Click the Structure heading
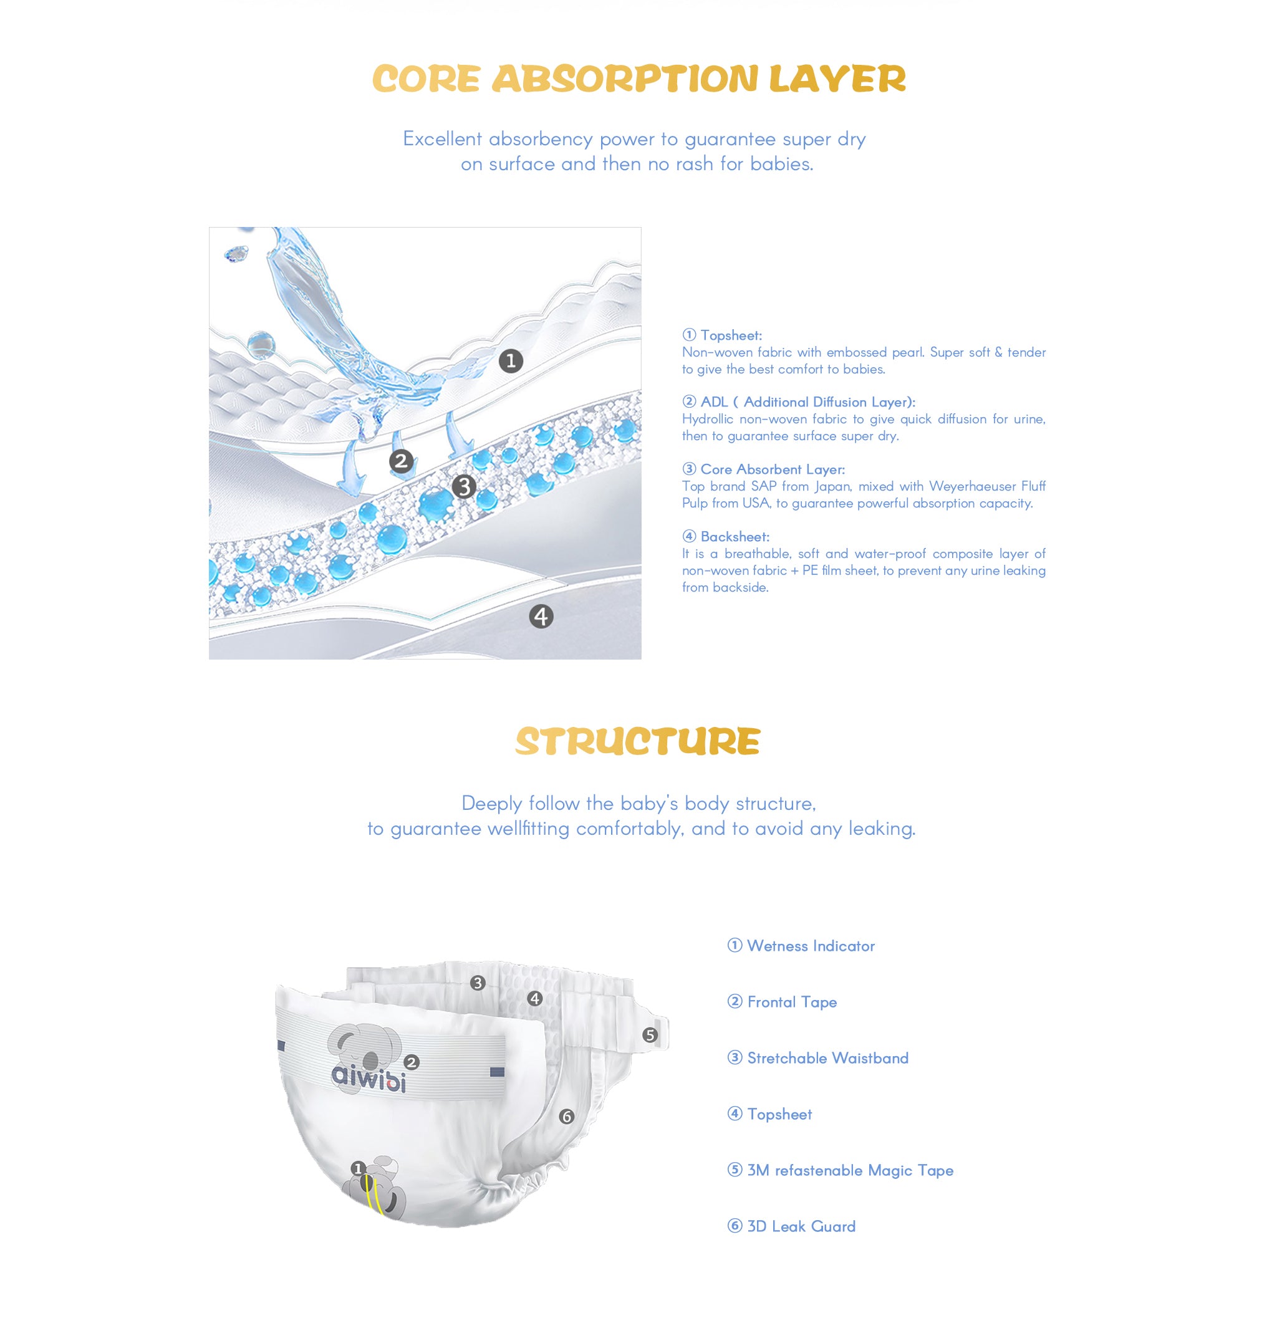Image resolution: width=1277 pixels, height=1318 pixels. point(637,742)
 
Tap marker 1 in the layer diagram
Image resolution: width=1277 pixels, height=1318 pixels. point(511,361)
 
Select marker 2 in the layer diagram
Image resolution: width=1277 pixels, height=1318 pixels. point(401,461)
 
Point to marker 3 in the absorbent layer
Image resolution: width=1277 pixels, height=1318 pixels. point(464,486)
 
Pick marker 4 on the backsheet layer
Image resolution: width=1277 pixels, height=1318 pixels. point(541,616)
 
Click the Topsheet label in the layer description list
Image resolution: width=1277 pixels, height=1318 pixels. point(730,335)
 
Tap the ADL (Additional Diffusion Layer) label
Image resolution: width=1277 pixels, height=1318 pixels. point(807,402)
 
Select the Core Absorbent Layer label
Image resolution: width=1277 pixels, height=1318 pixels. point(772,469)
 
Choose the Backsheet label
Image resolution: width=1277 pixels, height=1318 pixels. point(735,537)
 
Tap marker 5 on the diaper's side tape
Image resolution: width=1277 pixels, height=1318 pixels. point(649,1035)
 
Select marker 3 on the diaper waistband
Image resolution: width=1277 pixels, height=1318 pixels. point(478,983)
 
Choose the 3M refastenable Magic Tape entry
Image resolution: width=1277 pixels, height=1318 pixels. point(849,1171)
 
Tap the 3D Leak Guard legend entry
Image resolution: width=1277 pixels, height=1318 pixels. point(800,1226)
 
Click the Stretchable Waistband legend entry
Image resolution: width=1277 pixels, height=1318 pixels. point(827,1059)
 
